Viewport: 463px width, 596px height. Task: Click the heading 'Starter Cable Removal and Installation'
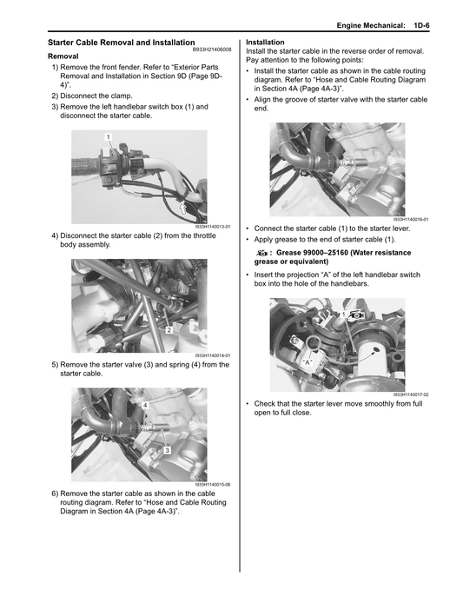[120, 42]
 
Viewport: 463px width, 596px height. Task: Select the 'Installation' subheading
[265, 42]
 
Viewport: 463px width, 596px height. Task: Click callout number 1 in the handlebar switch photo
[108, 138]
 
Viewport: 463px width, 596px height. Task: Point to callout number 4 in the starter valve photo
[144, 407]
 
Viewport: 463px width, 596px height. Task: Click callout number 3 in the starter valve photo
[166, 448]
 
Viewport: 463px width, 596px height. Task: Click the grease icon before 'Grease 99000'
[261, 254]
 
